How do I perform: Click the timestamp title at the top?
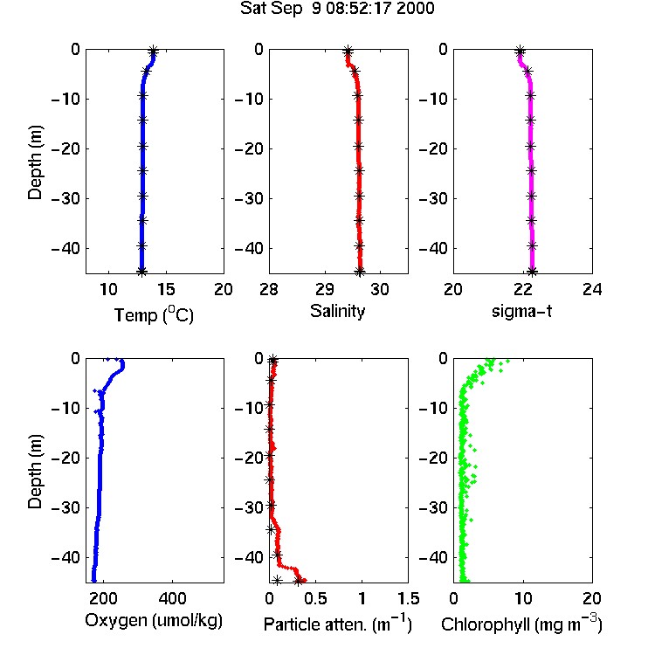[x=337, y=9]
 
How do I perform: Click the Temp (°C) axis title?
[x=154, y=314]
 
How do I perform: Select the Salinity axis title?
[x=337, y=311]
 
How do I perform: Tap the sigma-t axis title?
[x=521, y=311]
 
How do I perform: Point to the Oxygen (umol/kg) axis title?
[x=154, y=621]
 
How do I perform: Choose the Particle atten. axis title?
[x=338, y=624]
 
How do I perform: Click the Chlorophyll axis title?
[x=521, y=624]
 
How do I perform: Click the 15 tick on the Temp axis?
[x=166, y=289]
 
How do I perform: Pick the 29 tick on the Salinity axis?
[x=325, y=289]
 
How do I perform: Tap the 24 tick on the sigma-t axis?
[x=592, y=289]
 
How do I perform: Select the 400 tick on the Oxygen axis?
[x=173, y=598]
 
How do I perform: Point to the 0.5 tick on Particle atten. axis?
[x=315, y=598]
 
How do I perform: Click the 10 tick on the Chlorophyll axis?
[x=523, y=598]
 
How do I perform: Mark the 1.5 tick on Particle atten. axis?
[x=409, y=598]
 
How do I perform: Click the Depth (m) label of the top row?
[x=35, y=162]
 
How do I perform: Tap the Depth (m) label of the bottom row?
[x=35, y=472]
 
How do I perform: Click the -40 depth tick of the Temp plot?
[x=65, y=249]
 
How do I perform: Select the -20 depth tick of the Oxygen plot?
[x=65, y=458]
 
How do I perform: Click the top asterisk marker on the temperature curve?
[x=154, y=52]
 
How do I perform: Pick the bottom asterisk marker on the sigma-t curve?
[x=532, y=272]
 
